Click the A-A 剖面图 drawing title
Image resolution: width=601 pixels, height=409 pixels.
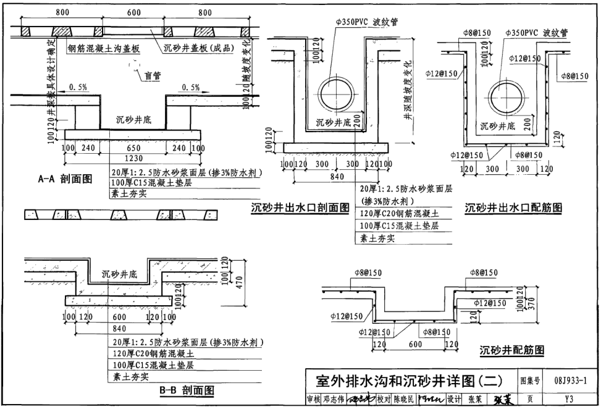coord(65,179)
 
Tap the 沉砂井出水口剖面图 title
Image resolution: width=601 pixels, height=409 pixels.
coord(300,208)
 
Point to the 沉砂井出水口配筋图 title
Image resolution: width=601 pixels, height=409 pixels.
coord(513,208)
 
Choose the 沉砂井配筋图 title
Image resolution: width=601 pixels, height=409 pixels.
coord(512,350)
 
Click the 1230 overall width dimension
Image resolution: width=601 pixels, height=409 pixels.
coord(133,159)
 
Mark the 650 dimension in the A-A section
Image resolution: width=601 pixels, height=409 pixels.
coord(133,148)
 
